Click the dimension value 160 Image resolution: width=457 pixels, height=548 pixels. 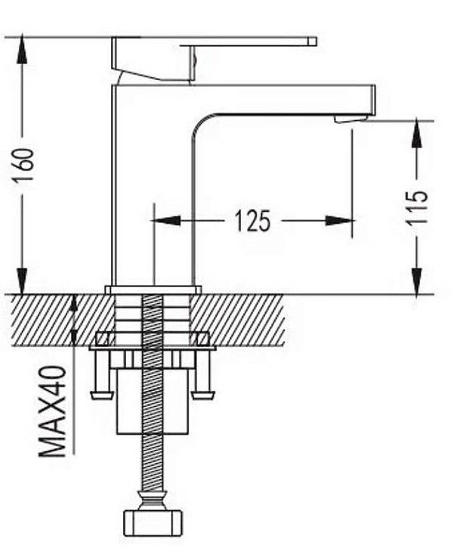(x=23, y=166)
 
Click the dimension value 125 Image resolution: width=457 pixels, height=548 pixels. (x=252, y=221)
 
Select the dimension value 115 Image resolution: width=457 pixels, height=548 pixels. (x=417, y=207)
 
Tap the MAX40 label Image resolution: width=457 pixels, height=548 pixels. (x=52, y=411)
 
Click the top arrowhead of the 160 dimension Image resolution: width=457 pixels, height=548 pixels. (x=22, y=49)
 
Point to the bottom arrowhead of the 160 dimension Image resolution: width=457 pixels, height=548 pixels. (x=22, y=281)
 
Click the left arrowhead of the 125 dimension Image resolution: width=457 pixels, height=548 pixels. (x=165, y=221)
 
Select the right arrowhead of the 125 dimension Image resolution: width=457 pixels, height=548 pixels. (x=339, y=221)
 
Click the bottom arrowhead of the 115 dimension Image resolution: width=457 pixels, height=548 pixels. (x=416, y=282)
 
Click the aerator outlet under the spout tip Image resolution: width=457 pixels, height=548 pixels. (x=350, y=119)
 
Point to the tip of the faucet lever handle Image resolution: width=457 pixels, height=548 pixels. (x=313, y=42)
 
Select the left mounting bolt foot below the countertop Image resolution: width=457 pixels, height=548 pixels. (x=102, y=395)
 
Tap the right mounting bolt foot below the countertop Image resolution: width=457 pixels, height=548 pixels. (x=204, y=395)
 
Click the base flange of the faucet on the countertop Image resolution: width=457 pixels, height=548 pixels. (x=153, y=290)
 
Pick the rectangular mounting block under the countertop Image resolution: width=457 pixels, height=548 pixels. (x=153, y=401)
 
